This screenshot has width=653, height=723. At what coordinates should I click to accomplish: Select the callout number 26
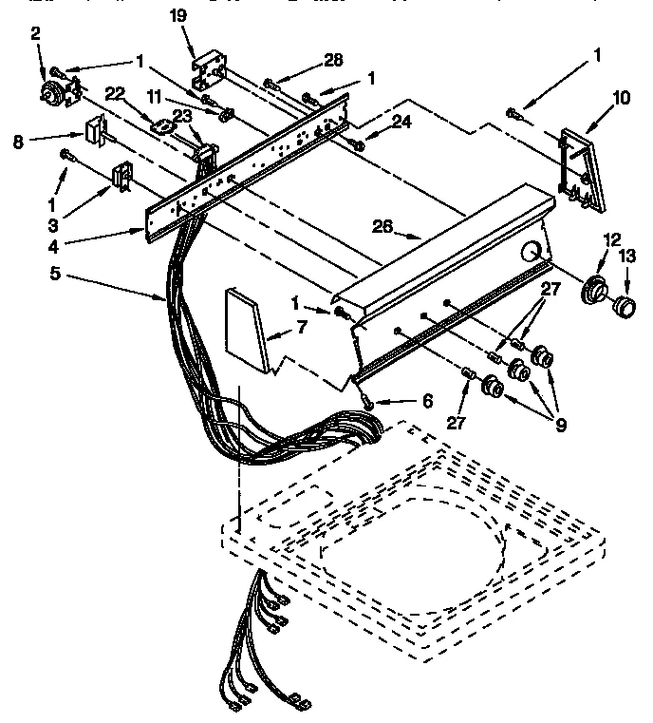tap(383, 227)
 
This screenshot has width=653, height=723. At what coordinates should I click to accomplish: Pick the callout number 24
tap(402, 122)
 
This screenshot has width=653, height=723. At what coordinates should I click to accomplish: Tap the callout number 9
tap(561, 425)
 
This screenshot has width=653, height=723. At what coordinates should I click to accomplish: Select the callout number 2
tap(35, 33)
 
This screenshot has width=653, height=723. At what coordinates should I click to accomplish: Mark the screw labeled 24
tap(358, 144)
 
